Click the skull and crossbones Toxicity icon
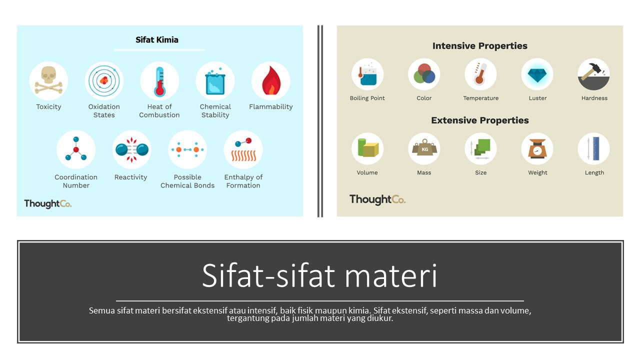[48, 81]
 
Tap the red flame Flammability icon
[271, 81]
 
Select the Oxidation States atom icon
[104, 81]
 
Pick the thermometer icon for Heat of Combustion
[159, 81]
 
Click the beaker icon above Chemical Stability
[215, 81]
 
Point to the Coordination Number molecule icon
[76, 149]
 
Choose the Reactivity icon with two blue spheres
[131, 149]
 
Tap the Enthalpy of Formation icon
[243, 149]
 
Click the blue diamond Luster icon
[537, 74]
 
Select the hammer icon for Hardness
[593, 74]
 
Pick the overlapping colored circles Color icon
[424, 74]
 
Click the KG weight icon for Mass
[424, 148]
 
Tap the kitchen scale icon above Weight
[537, 148]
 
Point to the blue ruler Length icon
[593, 148]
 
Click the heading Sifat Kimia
[157, 39]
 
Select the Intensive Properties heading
[479, 45]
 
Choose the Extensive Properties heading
[479, 120]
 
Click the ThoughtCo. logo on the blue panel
[47, 203]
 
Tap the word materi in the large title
[391, 275]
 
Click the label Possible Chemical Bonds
[187, 181]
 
